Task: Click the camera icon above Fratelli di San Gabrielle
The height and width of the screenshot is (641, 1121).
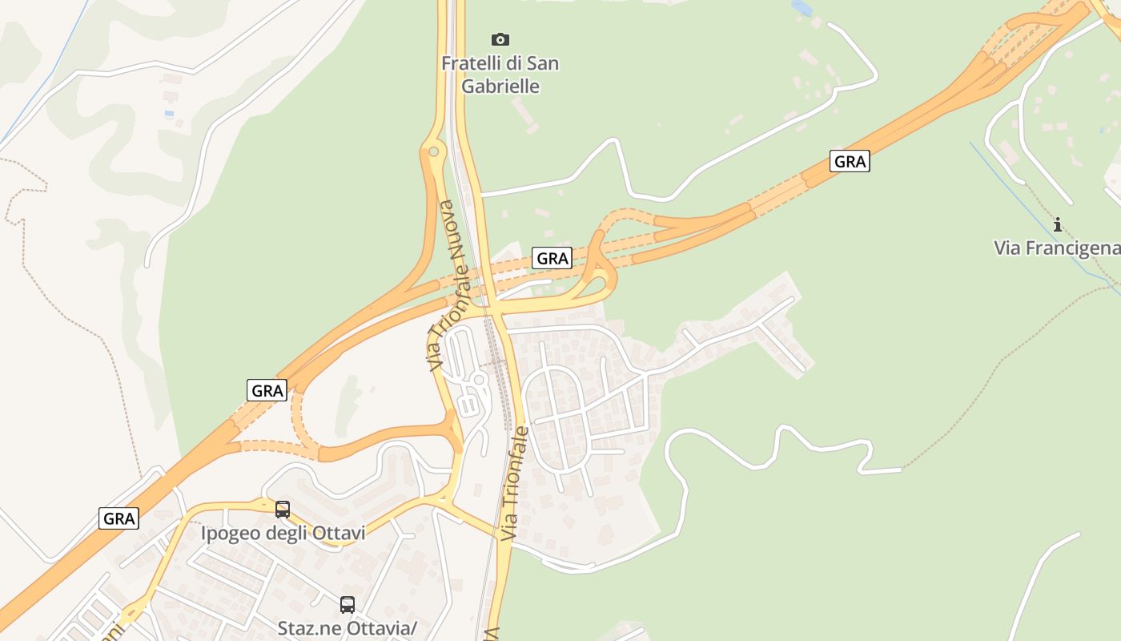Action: [500, 39]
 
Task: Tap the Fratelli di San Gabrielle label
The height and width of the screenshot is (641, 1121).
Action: [500, 75]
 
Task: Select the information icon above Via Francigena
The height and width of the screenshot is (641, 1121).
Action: [1057, 224]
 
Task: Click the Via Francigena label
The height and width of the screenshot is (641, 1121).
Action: [1057, 248]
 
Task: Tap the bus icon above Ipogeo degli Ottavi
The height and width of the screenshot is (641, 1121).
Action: [283, 509]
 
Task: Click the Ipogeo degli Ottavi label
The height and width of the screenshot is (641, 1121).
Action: [283, 533]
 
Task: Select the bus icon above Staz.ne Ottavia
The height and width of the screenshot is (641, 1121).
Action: [347, 605]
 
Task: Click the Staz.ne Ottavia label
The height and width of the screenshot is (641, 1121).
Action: [347, 628]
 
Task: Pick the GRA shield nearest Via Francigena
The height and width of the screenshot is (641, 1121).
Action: [850, 162]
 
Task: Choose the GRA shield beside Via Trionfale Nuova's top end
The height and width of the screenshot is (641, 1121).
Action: [552, 258]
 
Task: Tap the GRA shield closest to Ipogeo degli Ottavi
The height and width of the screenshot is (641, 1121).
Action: [119, 518]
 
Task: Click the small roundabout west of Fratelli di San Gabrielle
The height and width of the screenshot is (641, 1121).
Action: [433, 151]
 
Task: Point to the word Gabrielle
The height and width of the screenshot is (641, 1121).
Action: [500, 87]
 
